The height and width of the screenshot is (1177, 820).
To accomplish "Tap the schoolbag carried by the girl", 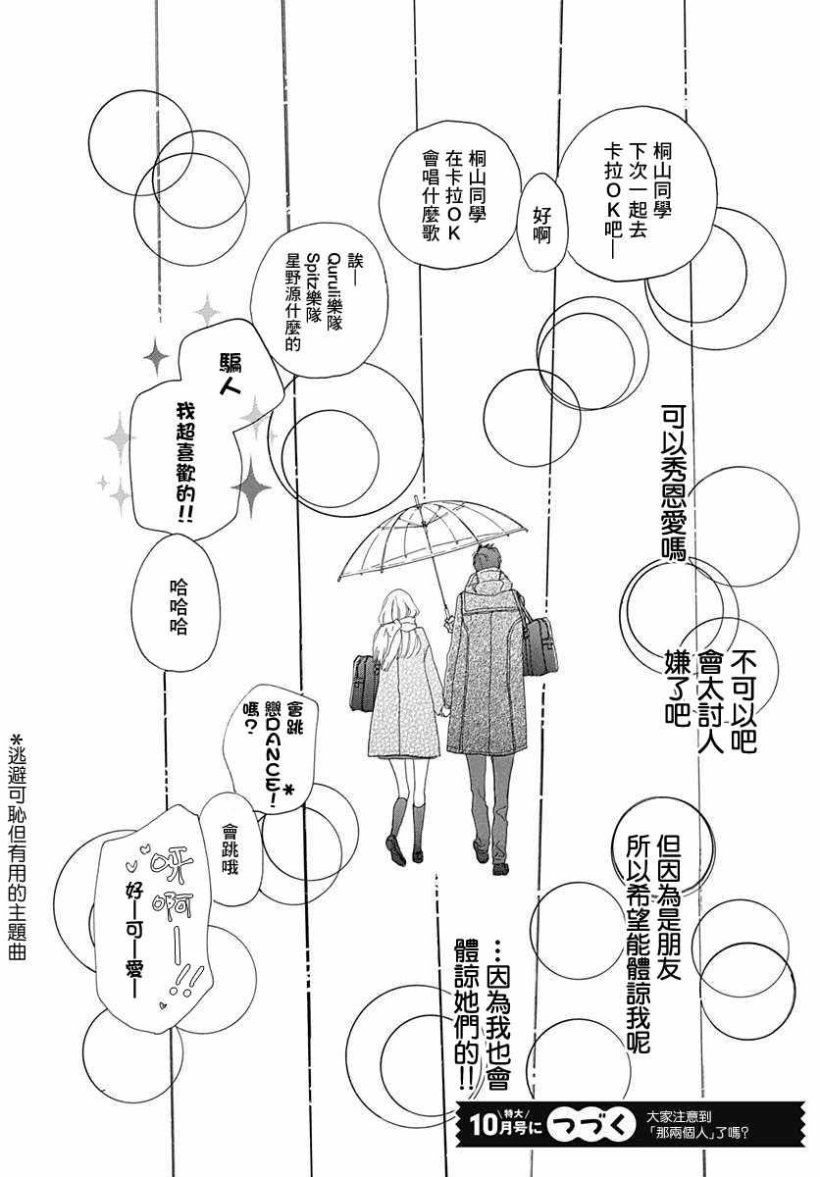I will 363,681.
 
